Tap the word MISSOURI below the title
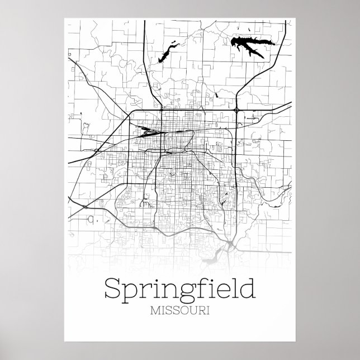pos(180,311)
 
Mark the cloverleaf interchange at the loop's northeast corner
pos(237,111)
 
